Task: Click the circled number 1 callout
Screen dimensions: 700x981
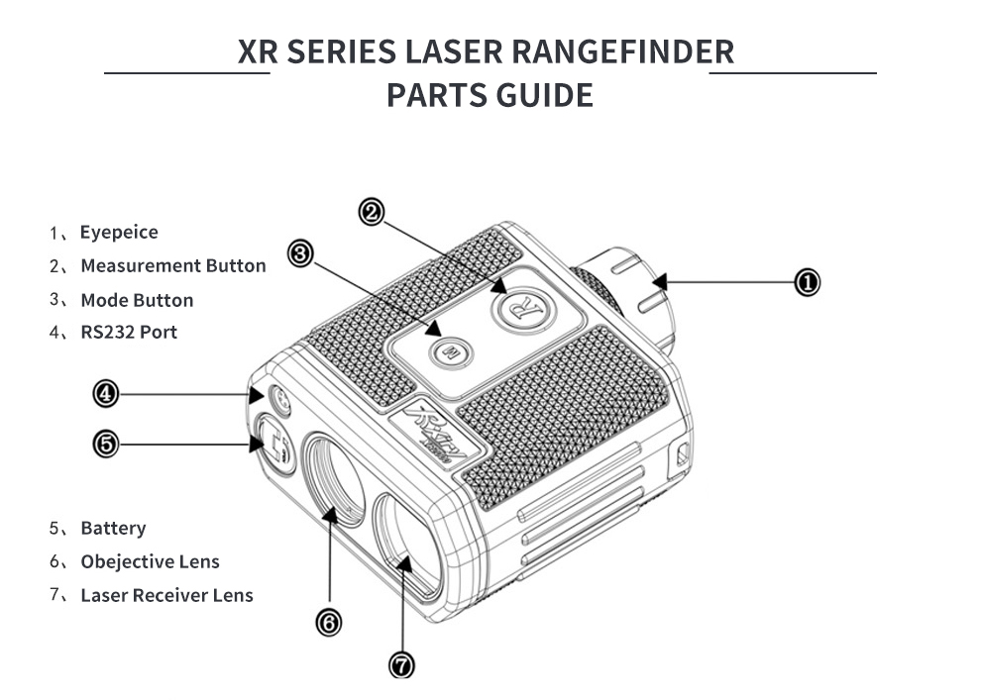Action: (808, 283)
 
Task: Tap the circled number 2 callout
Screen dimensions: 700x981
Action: (372, 212)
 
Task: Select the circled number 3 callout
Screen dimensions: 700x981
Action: (300, 254)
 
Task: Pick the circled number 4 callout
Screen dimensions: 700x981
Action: (105, 394)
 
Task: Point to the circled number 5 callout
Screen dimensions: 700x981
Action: (105, 444)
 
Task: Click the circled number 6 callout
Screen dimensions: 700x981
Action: (328, 622)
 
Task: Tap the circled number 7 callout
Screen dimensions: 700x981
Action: (402, 664)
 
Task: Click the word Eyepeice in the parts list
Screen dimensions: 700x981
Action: (119, 233)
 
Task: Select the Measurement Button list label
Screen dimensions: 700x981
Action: (173, 265)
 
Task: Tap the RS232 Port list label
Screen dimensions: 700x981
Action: (129, 332)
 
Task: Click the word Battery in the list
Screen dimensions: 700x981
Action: (113, 528)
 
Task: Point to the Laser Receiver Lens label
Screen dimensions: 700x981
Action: (166, 595)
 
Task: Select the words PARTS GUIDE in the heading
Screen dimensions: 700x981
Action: (490, 96)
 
